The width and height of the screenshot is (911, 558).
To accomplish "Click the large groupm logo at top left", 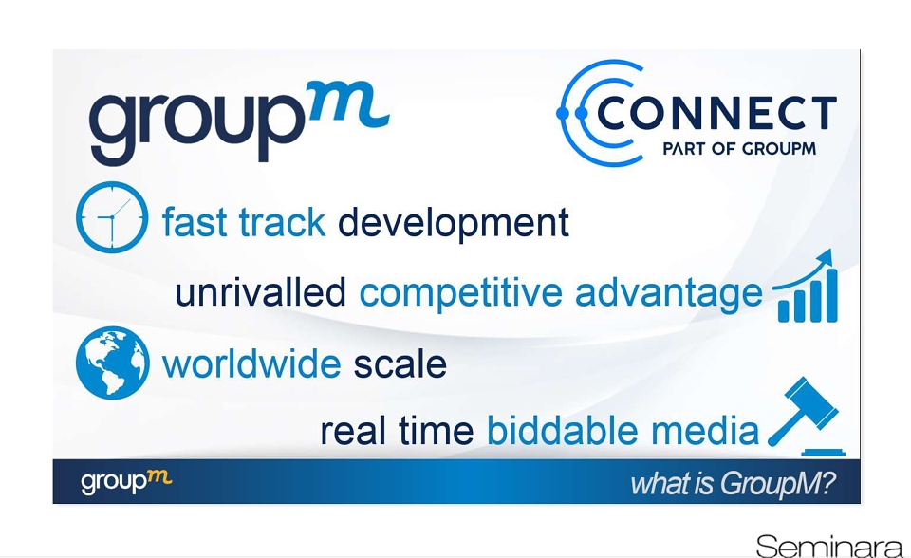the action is (x=239, y=122).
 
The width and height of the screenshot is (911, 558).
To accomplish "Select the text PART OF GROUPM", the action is (x=739, y=149).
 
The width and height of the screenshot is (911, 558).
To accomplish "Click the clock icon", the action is (x=112, y=217).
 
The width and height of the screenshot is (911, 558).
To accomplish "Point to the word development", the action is (x=454, y=223).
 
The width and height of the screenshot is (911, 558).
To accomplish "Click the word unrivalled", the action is (x=260, y=291).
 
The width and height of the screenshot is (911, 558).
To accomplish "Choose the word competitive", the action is (x=461, y=293).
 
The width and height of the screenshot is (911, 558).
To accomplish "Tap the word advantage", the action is (x=668, y=293).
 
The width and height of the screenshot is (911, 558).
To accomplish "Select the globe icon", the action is (x=113, y=363).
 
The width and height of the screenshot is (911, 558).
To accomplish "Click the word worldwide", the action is (x=251, y=363).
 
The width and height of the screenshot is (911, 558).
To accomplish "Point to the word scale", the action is (x=400, y=363).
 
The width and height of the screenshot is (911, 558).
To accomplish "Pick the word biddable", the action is (x=562, y=431).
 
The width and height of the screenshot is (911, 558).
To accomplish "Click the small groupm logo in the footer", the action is (x=126, y=482).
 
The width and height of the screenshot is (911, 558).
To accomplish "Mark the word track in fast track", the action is (x=282, y=223).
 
